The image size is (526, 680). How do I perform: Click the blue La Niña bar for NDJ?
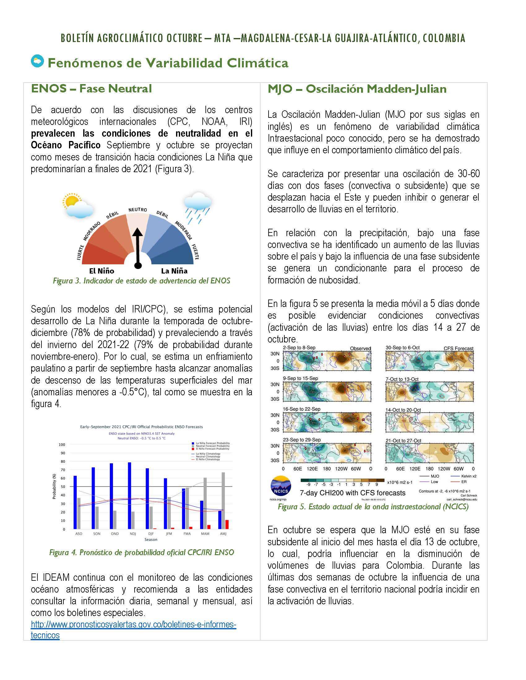[x=129, y=495]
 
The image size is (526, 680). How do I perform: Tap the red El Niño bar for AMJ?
[x=227, y=524]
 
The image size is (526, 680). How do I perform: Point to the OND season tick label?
[x=115, y=534]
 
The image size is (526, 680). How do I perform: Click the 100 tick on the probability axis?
[x=62, y=444]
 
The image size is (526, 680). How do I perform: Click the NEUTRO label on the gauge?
[x=137, y=210]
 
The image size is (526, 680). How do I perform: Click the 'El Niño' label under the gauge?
[x=101, y=271]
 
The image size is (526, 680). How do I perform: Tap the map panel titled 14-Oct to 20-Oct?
[x=429, y=422]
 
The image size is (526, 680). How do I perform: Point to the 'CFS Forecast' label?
[x=458, y=348]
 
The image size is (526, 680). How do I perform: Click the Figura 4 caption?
[x=141, y=552]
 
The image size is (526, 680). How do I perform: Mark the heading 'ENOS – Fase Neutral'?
[x=91, y=88]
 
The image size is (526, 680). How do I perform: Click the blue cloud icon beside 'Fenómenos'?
[x=37, y=61]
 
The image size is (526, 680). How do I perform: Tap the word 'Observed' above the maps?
[x=360, y=348]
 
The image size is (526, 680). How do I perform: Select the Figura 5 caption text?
[x=373, y=507]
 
